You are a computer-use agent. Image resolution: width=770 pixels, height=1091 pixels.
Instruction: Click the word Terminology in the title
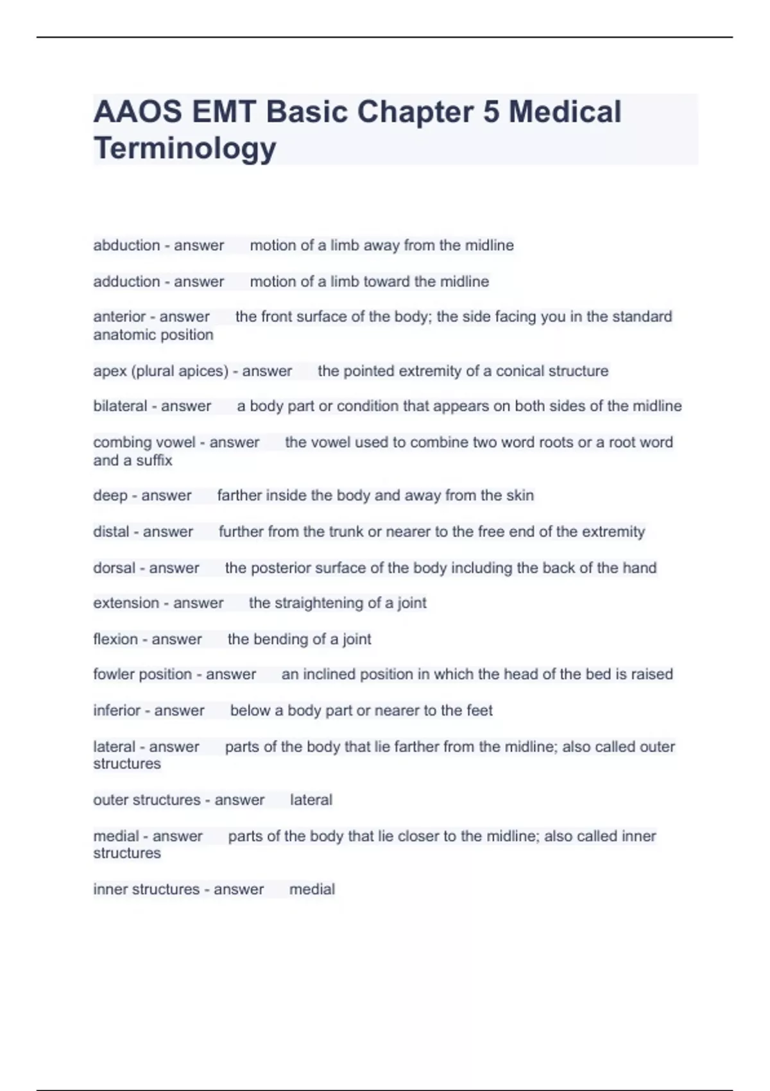185,148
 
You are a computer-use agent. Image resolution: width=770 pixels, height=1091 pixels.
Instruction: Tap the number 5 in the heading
490,112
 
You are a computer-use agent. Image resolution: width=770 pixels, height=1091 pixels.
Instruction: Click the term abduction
126,245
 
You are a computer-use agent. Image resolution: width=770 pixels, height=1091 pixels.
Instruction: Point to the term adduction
126,281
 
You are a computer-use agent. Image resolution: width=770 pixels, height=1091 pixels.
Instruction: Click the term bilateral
120,406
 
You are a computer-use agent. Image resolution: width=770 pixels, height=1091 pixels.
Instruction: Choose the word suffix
154,460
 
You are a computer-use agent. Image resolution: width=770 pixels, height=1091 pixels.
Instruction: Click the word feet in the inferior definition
479,710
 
